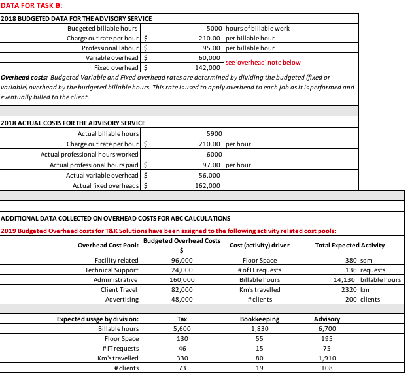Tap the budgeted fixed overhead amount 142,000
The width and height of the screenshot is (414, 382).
[209, 67]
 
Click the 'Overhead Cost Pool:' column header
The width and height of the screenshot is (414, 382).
[108, 246]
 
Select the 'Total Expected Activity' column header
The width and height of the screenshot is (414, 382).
[349, 246]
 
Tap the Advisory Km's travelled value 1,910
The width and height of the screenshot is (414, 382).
[327, 358]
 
